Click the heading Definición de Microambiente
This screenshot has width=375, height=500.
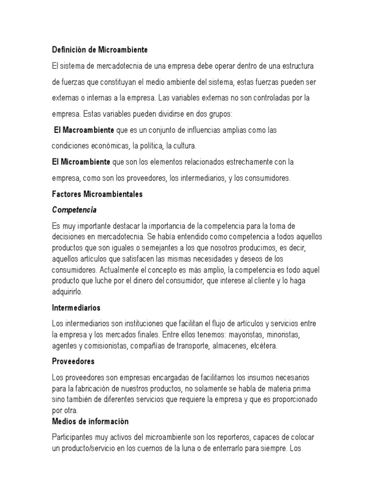(100, 50)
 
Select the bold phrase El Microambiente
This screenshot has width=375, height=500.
(81, 161)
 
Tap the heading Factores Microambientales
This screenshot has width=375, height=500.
(97, 194)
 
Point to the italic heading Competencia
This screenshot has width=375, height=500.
(74, 210)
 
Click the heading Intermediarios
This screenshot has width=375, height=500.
(76, 308)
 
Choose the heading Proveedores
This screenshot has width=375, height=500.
(73, 362)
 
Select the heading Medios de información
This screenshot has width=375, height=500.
(90, 421)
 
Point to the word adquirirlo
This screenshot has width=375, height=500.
(67, 292)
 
